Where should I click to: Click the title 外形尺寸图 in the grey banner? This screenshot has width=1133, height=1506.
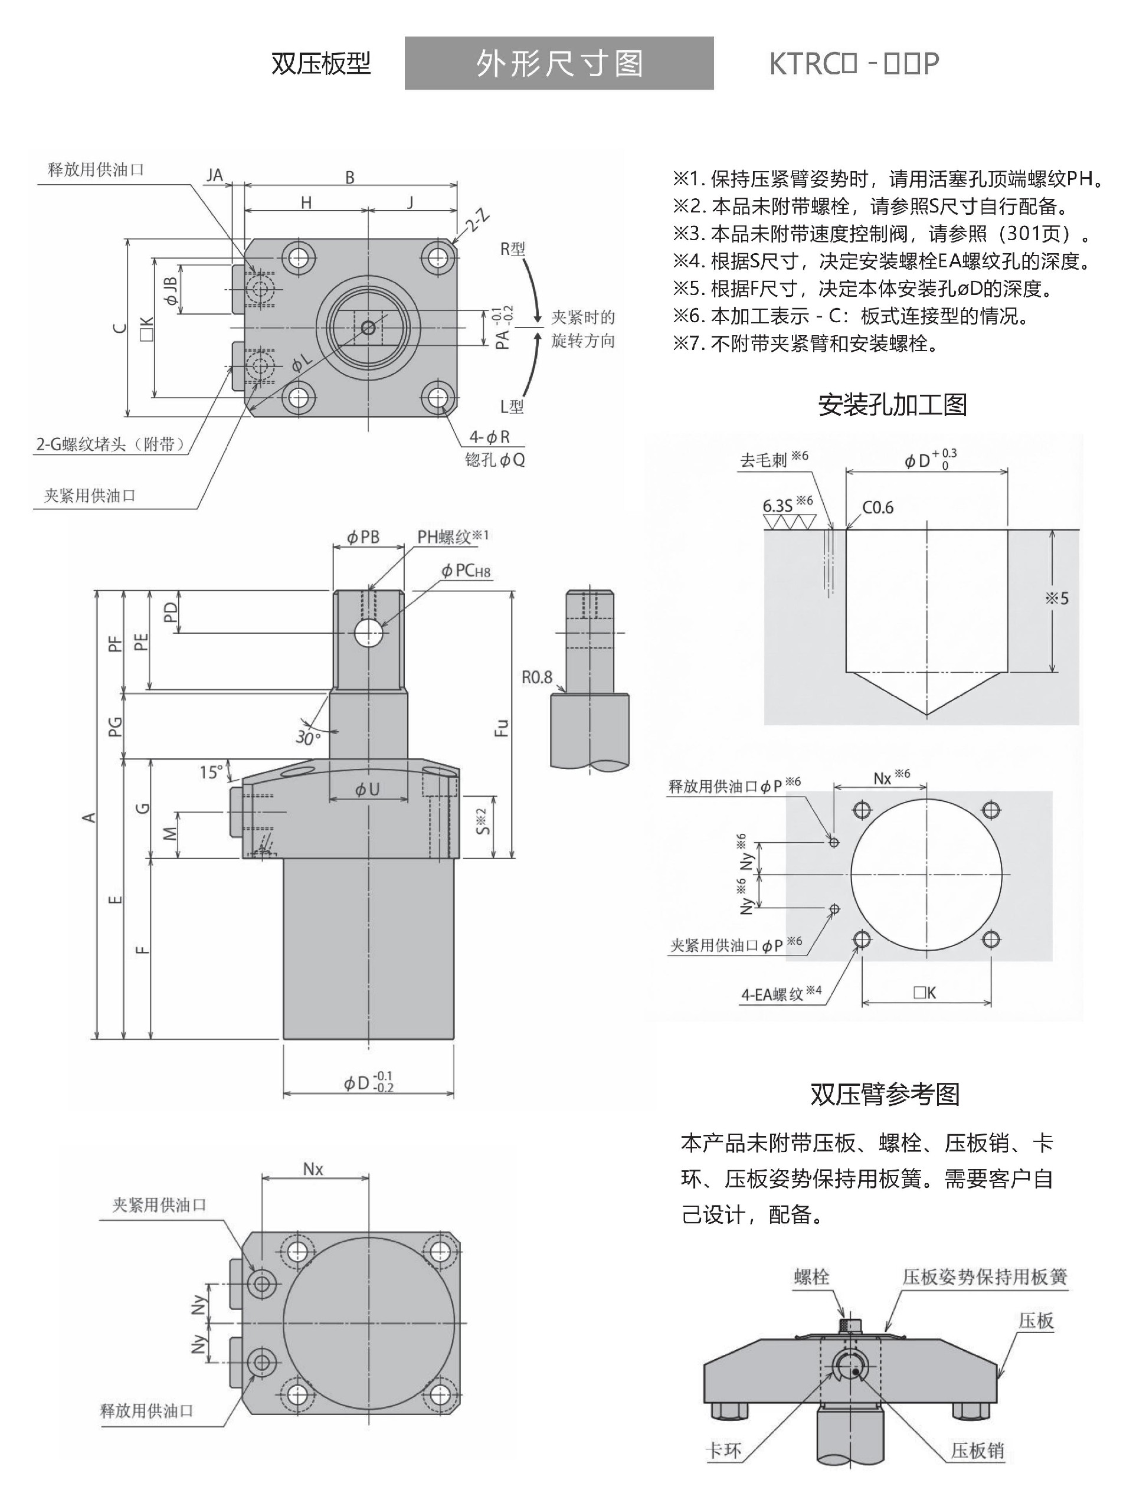(x=558, y=63)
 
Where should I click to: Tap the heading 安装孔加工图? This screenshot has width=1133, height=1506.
(x=892, y=405)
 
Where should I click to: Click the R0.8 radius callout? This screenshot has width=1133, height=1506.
(x=536, y=677)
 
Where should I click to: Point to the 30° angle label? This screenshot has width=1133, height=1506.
(x=307, y=737)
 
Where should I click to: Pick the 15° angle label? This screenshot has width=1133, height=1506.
(x=211, y=772)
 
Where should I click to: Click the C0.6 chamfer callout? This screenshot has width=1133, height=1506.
(x=877, y=508)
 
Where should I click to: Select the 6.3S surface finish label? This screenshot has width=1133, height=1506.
(x=778, y=506)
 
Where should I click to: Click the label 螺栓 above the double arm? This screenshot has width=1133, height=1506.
(x=811, y=1276)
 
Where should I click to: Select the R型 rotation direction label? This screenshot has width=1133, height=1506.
(x=512, y=249)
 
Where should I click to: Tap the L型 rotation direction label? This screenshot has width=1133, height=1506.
(x=512, y=407)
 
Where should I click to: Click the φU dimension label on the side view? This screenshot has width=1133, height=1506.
(x=367, y=790)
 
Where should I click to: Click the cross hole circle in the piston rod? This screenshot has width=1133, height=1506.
(x=368, y=633)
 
